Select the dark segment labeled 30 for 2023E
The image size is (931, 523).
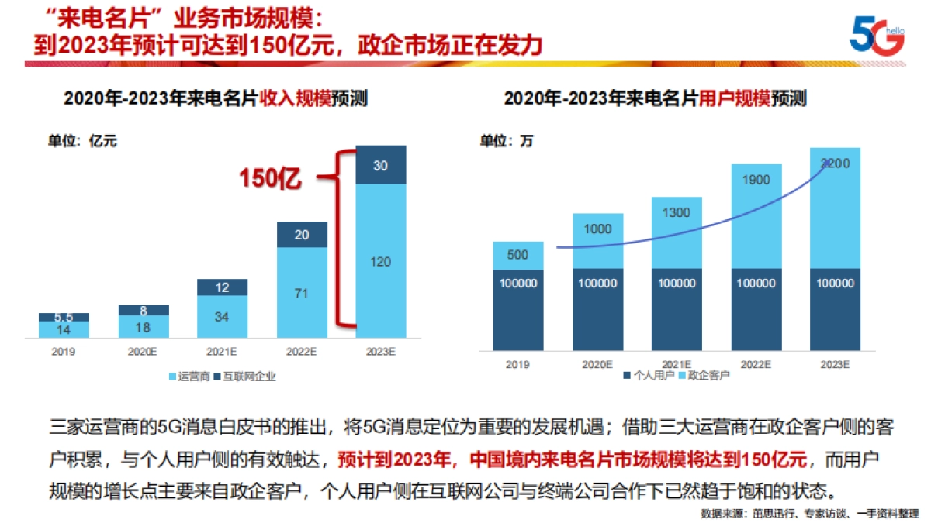click(381, 165)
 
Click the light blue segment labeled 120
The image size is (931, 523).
click(381, 261)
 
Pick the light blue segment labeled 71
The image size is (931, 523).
click(302, 293)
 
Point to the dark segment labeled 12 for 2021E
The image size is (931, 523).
click(223, 287)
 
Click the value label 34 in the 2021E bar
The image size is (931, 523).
click(223, 317)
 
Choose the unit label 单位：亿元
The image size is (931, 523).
click(82, 140)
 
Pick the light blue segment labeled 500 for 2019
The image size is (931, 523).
click(518, 256)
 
